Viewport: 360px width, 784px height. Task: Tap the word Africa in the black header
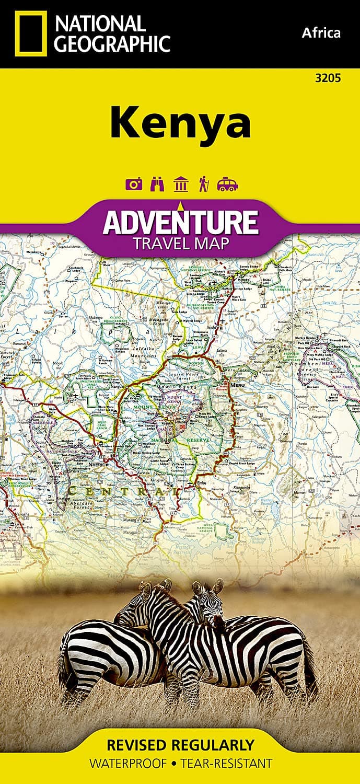[x=321, y=33]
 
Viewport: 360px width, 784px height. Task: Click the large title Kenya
[x=180, y=123]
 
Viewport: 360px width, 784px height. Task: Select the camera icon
[x=134, y=185]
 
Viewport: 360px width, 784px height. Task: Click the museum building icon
[x=181, y=185]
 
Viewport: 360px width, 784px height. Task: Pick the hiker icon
[x=203, y=185]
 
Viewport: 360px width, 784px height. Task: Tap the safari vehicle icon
[x=228, y=185]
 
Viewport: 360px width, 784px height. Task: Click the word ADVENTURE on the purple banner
[x=180, y=222]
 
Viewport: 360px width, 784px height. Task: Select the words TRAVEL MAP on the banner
[x=180, y=243]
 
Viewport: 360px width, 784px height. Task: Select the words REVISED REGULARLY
[x=180, y=744]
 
